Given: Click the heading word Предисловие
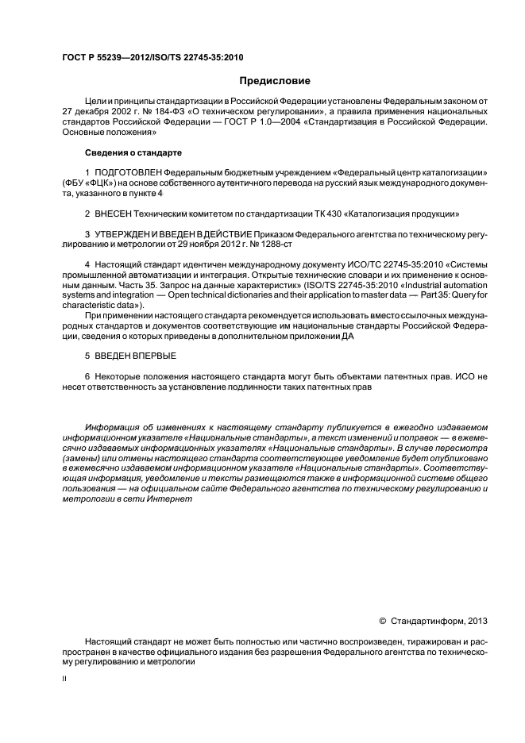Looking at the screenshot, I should point(276,80).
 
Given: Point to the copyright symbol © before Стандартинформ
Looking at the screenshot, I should point(383,621).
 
